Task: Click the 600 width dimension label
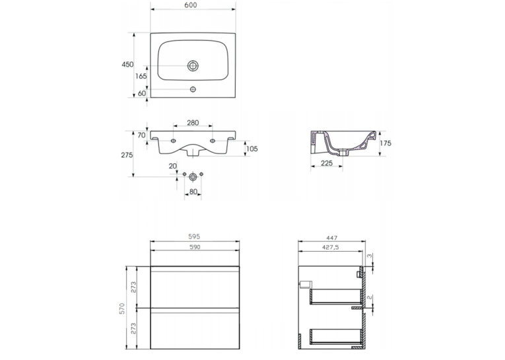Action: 191,5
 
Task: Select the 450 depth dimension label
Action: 127,65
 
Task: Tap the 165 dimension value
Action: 141,76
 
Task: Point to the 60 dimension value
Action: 142,93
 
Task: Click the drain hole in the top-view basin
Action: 193,66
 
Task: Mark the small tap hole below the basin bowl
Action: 193,89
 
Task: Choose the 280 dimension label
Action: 193,123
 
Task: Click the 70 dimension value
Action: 142,135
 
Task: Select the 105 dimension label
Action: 252,149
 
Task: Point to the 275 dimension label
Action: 127,155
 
